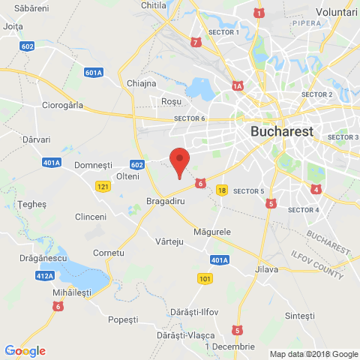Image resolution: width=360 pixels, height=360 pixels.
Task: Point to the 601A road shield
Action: click(x=94, y=73)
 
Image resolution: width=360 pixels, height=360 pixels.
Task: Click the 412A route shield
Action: click(x=43, y=275)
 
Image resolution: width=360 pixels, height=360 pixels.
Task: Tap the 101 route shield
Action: click(x=205, y=279)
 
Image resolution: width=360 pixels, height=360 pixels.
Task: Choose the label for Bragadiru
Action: click(x=165, y=202)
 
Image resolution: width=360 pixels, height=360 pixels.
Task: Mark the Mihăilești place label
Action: click(x=72, y=293)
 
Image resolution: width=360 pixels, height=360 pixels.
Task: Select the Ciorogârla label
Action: click(x=63, y=105)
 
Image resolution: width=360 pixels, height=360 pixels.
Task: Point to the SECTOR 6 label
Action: click(x=189, y=118)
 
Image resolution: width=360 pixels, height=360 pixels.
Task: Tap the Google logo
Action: click(x=25, y=350)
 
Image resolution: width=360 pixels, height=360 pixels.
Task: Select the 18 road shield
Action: click(x=221, y=190)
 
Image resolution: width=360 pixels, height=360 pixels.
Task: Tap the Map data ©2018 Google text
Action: click(x=314, y=354)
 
